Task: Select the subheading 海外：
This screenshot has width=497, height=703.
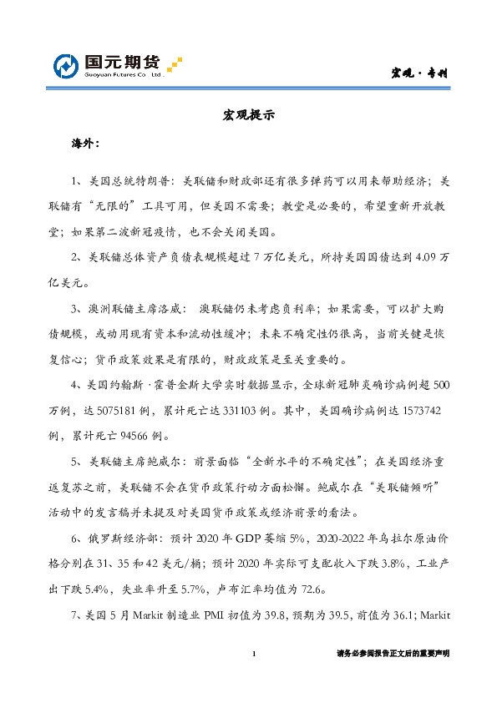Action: pyautogui.click(x=86, y=144)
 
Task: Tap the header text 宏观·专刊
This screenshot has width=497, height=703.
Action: pyautogui.click(x=420, y=73)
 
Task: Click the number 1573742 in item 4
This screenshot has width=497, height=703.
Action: pyautogui.click(x=427, y=415)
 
